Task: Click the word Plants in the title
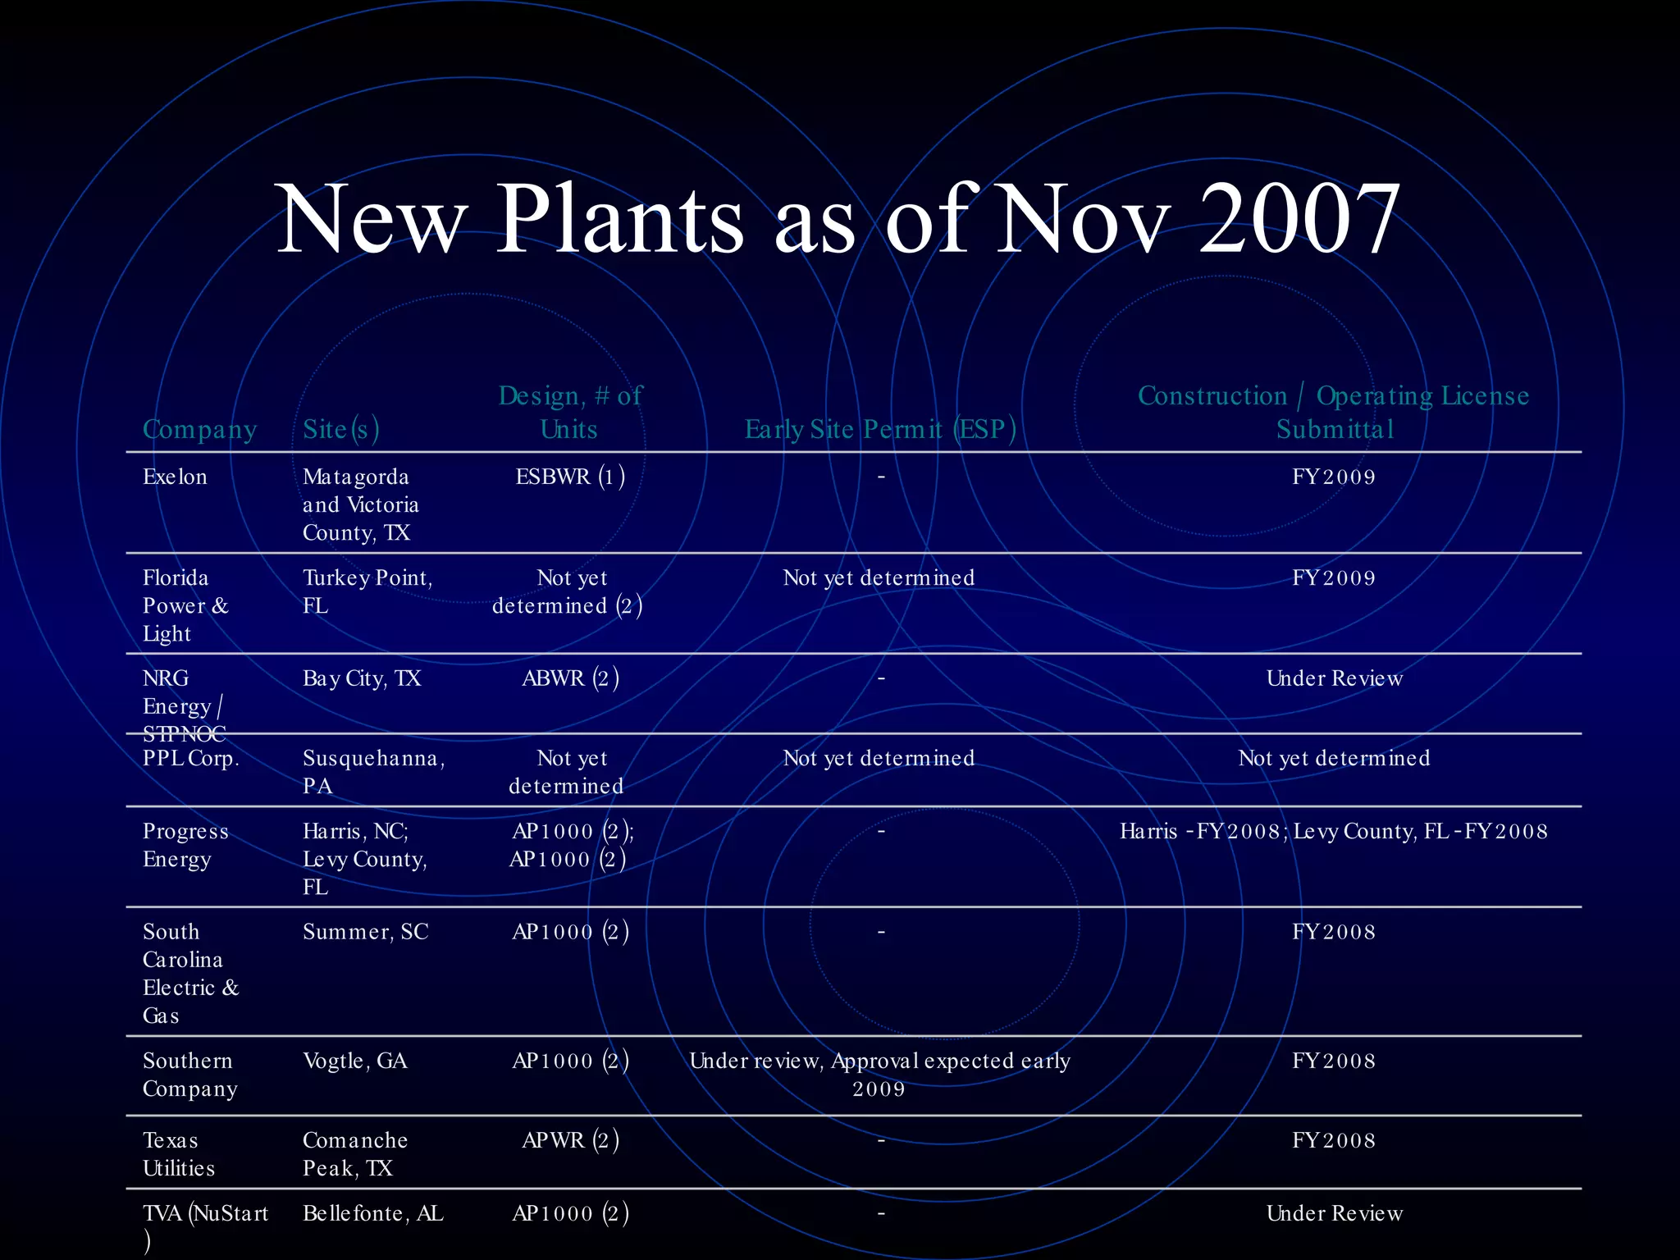point(620,219)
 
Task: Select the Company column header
point(199,429)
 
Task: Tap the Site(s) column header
point(340,429)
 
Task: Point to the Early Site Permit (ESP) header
point(880,429)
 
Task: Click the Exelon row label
point(175,477)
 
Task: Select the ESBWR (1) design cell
point(570,477)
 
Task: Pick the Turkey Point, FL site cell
point(367,591)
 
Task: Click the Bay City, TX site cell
point(362,678)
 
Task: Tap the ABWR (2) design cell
point(570,678)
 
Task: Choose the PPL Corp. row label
point(191,758)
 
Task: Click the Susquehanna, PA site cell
point(373,772)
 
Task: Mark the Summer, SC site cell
point(365,932)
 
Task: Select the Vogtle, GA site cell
point(354,1061)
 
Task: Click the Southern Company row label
point(189,1075)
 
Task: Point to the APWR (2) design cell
point(570,1140)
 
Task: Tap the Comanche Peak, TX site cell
point(354,1154)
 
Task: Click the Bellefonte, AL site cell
point(372,1213)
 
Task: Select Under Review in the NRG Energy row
point(1334,678)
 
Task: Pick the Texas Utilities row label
point(178,1154)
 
